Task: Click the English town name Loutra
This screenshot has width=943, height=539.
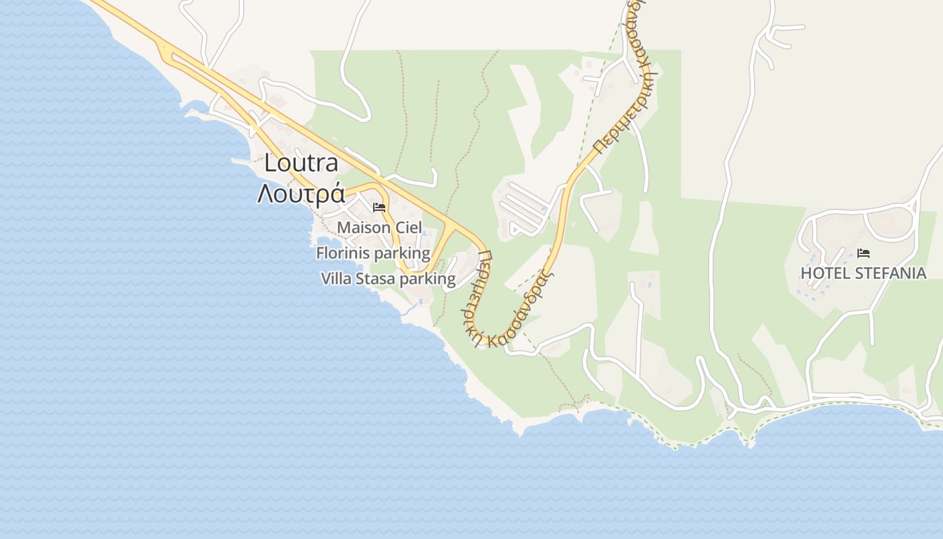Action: pos(301,163)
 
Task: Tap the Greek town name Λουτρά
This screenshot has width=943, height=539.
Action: pos(301,193)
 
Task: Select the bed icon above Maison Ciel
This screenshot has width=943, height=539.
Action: pos(379,207)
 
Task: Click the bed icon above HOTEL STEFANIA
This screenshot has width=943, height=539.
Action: pos(864,253)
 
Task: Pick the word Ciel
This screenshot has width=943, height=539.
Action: pos(408,228)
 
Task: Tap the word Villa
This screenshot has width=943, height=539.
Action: pos(336,279)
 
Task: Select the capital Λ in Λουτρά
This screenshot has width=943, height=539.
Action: pos(265,193)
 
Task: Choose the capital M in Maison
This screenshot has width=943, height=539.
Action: pos(344,228)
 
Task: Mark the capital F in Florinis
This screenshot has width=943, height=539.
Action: pos(321,253)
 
